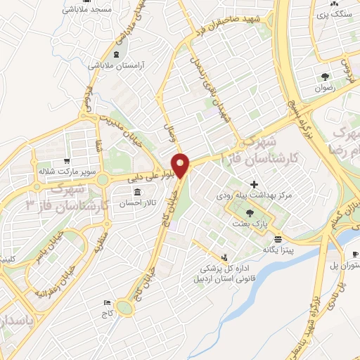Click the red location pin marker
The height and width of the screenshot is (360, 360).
181,165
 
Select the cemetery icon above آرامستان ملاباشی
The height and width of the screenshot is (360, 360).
115,53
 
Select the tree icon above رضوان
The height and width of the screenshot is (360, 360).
325,77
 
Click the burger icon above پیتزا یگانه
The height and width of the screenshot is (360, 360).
278,238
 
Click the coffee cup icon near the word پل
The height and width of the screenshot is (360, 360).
355,254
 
